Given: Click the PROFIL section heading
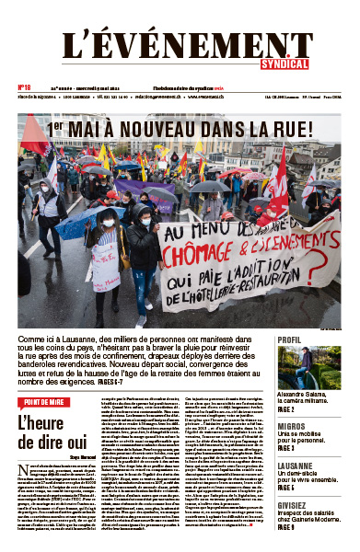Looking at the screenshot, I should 264,339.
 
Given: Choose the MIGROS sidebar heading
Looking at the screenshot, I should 266,427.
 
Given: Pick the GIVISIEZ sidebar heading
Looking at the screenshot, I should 267,506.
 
